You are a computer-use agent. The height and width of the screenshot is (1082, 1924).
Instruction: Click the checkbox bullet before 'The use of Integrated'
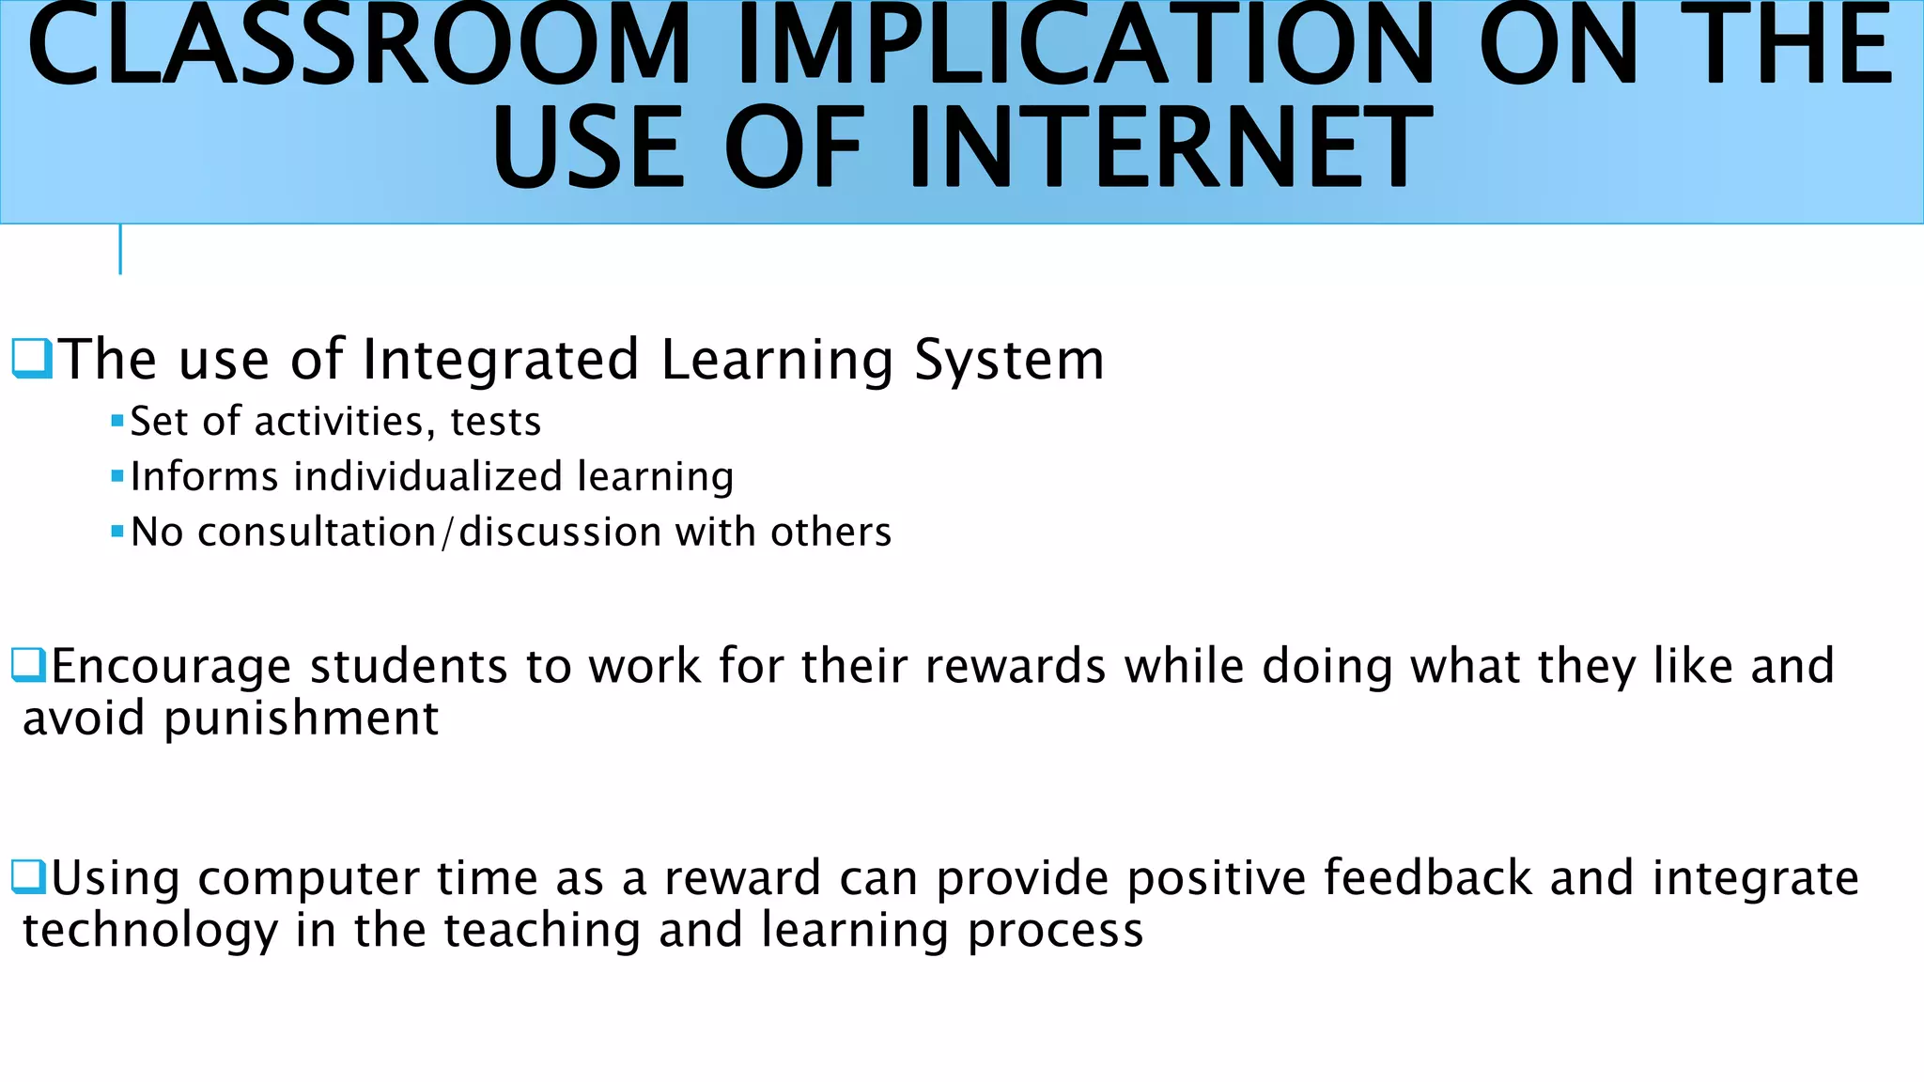31,359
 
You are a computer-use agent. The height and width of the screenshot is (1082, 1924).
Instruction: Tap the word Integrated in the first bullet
501,360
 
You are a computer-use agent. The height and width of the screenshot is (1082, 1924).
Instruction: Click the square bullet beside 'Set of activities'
117,421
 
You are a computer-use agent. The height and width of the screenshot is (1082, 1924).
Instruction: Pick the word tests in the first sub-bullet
496,422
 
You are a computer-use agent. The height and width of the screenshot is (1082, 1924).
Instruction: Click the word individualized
427,476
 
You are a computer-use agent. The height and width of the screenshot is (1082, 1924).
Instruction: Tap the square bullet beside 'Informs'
117,476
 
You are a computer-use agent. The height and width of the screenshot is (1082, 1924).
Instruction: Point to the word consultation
318,532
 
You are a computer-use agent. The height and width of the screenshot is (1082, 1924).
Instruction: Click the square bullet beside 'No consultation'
117,532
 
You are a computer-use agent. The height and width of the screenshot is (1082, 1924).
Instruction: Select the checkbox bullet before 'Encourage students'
28,665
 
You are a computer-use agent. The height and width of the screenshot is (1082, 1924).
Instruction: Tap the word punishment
301,719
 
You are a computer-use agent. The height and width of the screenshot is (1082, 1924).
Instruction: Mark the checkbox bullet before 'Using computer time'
28,877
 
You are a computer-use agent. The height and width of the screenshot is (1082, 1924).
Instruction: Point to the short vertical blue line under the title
120,250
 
